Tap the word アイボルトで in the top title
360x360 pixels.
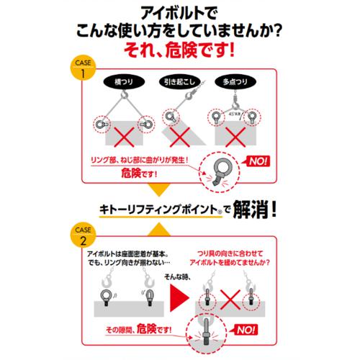(180, 12)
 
